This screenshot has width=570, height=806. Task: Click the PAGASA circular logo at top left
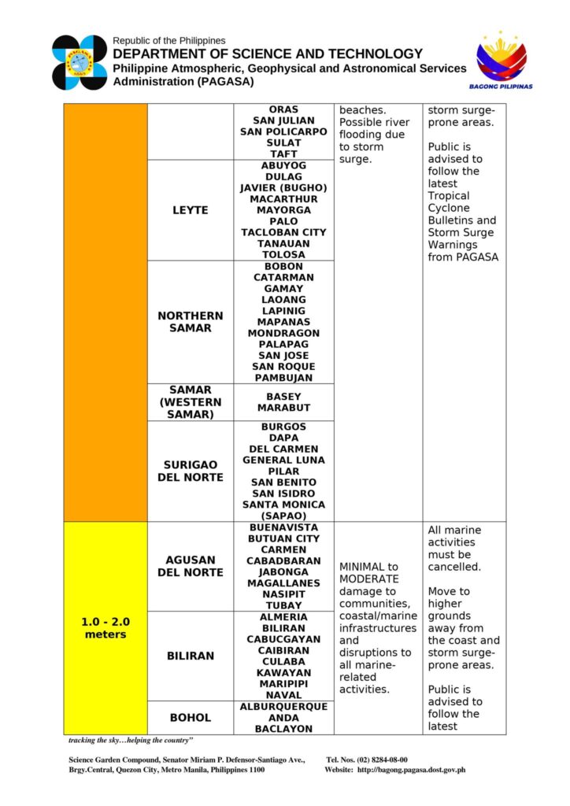point(80,62)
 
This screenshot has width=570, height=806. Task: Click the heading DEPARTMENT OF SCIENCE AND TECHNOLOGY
point(268,54)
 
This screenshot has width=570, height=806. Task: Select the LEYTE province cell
point(190,210)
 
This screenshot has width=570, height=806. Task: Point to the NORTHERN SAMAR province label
point(190,322)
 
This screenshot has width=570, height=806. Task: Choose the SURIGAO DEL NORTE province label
point(190,471)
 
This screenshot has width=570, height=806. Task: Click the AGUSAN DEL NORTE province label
point(190,566)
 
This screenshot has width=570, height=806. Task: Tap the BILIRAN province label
point(190,656)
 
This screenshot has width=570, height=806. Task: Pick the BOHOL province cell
point(190,717)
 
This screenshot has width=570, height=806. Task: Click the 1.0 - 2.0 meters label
point(105,627)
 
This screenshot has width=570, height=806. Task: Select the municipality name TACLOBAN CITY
point(283,232)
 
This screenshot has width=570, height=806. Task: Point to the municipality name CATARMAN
point(283,278)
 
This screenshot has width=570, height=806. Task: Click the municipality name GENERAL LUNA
point(283,460)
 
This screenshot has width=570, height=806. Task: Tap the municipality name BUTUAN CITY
point(283,538)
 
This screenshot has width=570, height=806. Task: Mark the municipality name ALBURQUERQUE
point(283,707)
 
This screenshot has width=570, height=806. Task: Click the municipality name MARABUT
point(283,408)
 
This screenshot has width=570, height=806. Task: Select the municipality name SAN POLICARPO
point(283,131)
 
